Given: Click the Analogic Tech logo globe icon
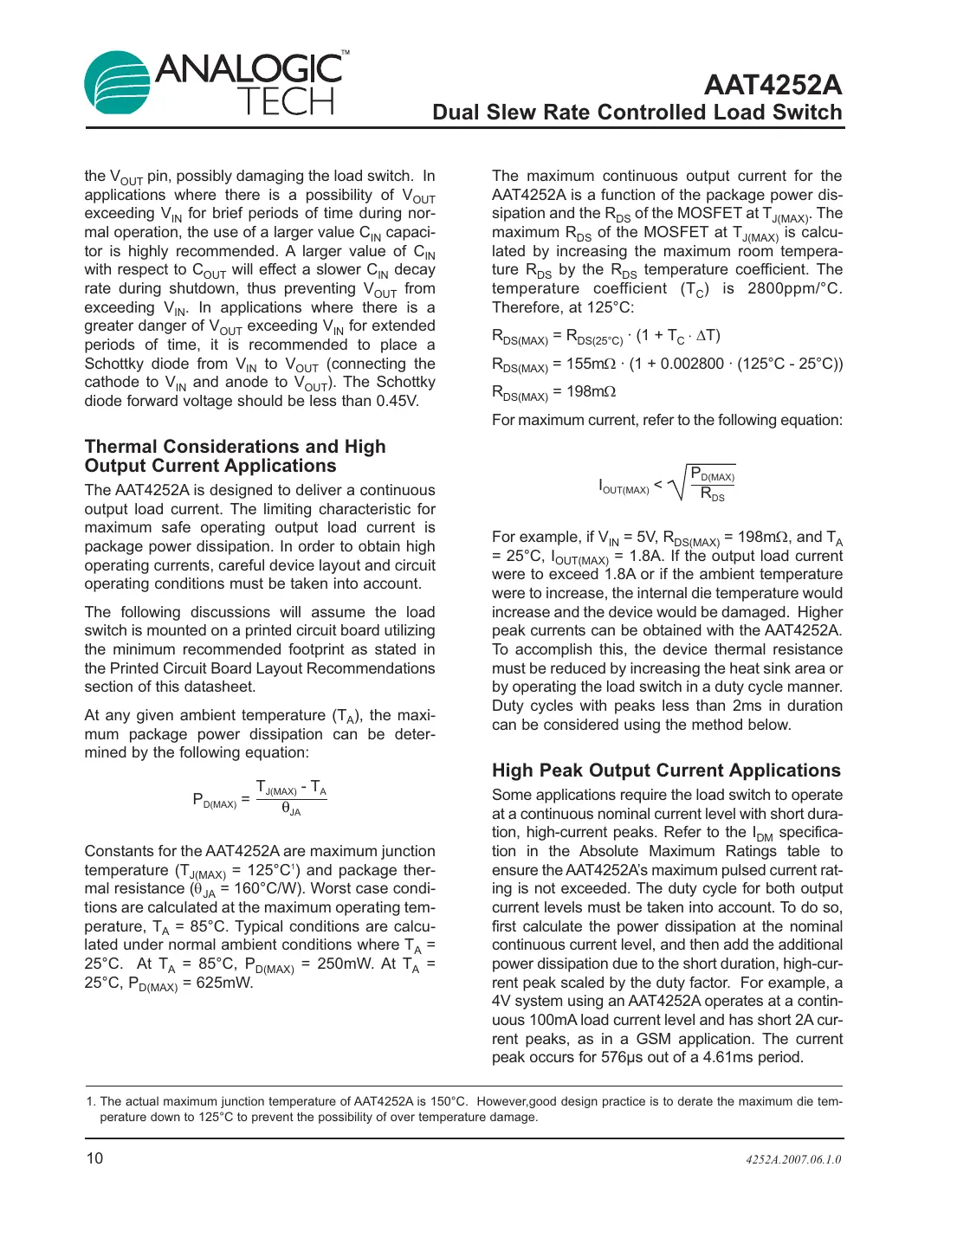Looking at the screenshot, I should coord(118,82).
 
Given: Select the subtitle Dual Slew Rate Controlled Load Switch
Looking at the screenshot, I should coord(637,113).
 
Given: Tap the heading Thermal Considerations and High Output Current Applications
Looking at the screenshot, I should coord(235,456).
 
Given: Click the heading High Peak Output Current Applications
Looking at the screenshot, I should coord(665,771).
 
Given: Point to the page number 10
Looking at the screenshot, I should coord(94,1158).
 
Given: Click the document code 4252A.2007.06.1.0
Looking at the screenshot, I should coord(792,1159).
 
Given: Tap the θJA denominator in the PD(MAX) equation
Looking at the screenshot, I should coord(291,809).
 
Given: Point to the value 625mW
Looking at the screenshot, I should coord(223,983).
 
